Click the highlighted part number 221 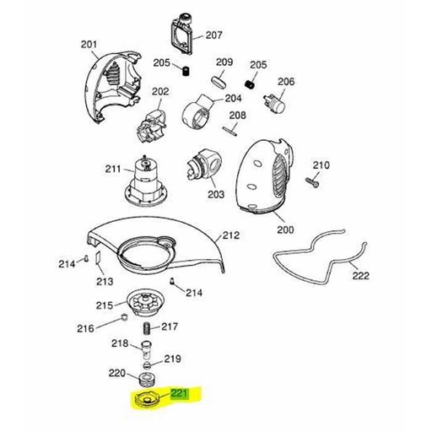pyautogui.click(x=179, y=393)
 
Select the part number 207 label pyautogui.click(x=214, y=35)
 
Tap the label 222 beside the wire pyautogui.click(x=360, y=276)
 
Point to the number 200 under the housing pyautogui.click(x=285, y=229)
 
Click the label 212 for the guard pyautogui.click(x=231, y=235)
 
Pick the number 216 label pyautogui.click(x=85, y=328)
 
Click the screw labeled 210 pyautogui.click(x=312, y=181)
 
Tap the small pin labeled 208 pyautogui.click(x=229, y=131)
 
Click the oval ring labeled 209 pyautogui.click(x=219, y=83)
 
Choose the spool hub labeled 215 pyautogui.click(x=146, y=305)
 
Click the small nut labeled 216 pyautogui.click(x=124, y=317)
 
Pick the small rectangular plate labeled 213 pyautogui.click(x=98, y=257)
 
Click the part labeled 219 pyautogui.click(x=147, y=365)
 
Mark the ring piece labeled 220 pyautogui.click(x=147, y=380)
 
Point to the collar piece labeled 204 pyautogui.click(x=198, y=111)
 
